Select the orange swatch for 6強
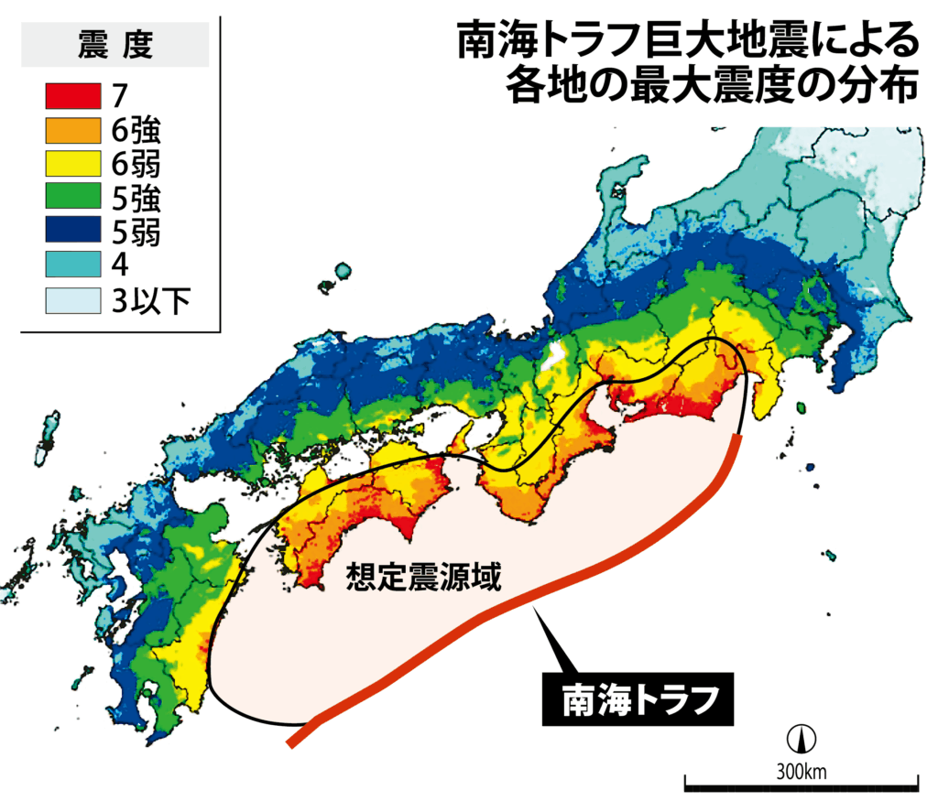click(71, 130)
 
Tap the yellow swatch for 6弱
click(71, 164)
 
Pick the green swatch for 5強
click(71, 198)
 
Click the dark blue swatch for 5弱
click(71, 232)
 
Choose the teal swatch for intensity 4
click(71, 265)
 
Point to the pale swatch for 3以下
click(71, 299)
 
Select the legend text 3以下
click(150, 299)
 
